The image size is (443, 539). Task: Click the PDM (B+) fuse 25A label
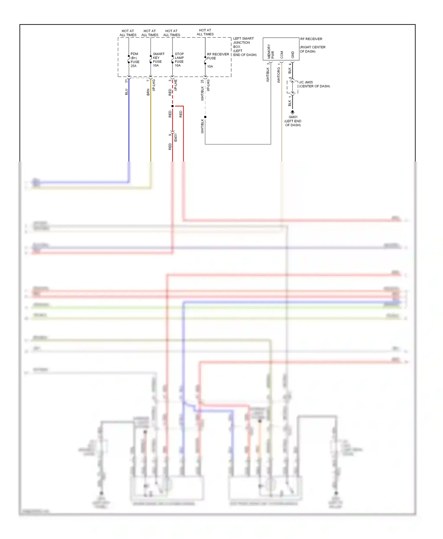tap(135, 60)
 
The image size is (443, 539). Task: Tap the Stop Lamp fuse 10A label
tap(179, 60)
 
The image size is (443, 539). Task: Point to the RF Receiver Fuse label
tap(218, 56)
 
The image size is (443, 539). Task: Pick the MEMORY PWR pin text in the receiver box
tap(271, 52)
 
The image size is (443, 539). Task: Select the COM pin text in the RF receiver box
tap(282, 55)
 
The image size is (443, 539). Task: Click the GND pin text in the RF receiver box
tap(293, 55)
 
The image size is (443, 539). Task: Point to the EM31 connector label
tap(176, 137)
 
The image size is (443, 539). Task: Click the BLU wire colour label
tap(126, 92)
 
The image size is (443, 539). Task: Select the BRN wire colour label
tap(148, 92)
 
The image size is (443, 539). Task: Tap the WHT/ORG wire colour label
tap(278, 75)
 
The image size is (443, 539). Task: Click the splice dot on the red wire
tap(172, 106)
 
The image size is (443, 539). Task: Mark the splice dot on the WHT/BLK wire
tap(205, 117)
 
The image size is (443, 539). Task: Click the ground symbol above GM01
tap(292, 113)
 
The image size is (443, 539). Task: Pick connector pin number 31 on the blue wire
tap(126, 81)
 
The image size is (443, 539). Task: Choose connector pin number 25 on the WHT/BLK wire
tap(202, 81)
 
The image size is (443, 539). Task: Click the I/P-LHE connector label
tap(176, 85)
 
